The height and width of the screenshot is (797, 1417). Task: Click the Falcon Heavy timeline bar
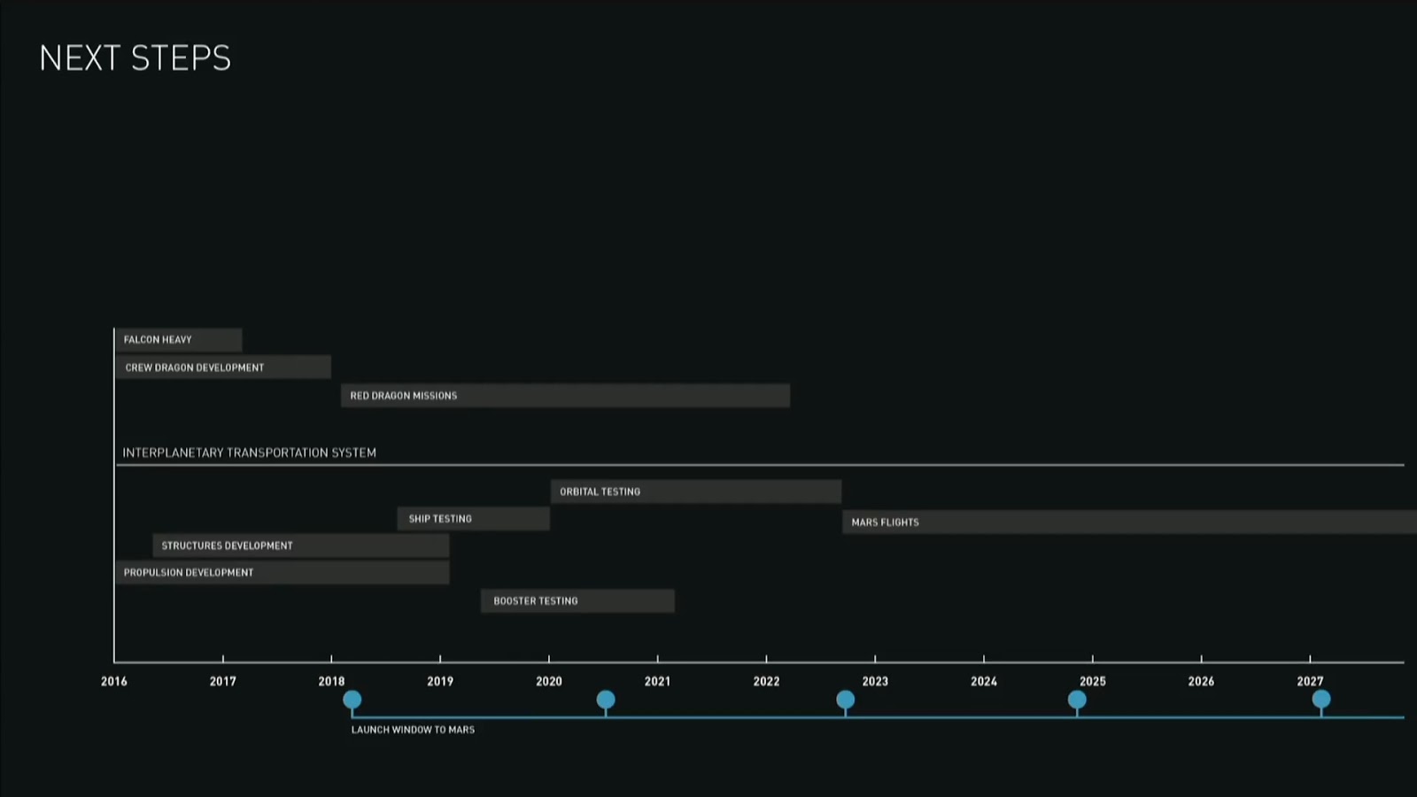point(178,340)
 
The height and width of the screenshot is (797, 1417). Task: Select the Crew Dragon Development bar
point(223,368)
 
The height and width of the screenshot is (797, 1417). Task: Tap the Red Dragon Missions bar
point(565,396)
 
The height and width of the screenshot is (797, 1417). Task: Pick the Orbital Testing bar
point(696,491)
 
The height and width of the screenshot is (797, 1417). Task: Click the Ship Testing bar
point(474,519)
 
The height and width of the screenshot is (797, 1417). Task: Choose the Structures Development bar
point(301,546)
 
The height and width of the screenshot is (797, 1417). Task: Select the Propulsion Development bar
point(283,573)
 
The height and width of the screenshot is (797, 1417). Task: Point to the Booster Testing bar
point(577,601)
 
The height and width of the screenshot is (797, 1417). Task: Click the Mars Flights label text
point(886,522)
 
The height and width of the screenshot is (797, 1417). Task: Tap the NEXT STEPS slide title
point(136,58)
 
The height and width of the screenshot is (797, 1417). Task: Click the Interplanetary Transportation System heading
point(250,453)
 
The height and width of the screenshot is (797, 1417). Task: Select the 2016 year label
point(114,682)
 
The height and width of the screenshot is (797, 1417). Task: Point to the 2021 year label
point(657,682)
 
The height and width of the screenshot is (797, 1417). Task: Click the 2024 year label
point(984,682)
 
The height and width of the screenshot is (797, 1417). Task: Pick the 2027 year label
point(1310,682)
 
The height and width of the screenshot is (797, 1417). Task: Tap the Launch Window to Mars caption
point(413,730)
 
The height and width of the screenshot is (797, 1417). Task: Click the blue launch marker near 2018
point(352,700)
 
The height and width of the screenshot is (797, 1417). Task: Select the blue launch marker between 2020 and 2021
point(606,700)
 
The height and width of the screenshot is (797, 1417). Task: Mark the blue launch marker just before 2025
point(1077,700)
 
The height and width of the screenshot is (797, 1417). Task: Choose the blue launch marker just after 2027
point(1321,700)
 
